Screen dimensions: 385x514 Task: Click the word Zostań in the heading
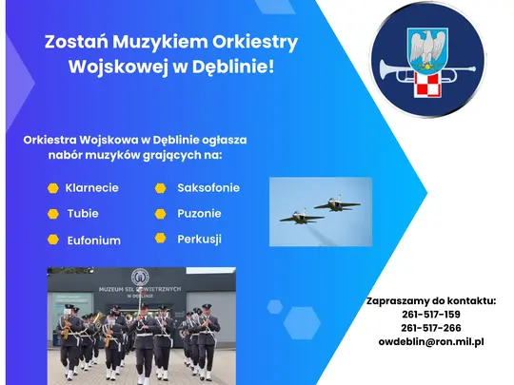pyautogui.click(x=72, y=43)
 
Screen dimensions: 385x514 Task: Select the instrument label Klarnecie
pyautogui.click(x=92, y=187)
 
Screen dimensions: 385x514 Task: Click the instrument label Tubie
pyautogui.click(x=83, y=213)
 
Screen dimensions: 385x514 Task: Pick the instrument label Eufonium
pyautogui.click(x=93, y=241)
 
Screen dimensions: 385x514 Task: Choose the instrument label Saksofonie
pyautogui.click(x=208, y=187)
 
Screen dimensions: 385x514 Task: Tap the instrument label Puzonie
pyautogui.click(x=199, y=213)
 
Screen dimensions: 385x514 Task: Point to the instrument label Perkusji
pyautogui.click(x=199, y=239)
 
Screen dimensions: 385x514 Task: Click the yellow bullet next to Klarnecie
pyautogui.click(x=53, y=187)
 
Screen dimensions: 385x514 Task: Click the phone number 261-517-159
pyautogui.click(x=431, y=314)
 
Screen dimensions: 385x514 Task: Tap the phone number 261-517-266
pyautogui.click(x=431, y=327)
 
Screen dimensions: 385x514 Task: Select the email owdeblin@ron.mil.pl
pyautogui.click(x=431, y=340)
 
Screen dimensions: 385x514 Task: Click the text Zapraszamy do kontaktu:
pyautogui.click(x=431, y=300)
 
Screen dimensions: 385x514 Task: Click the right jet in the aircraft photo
pyautogui.click(x=330, y=202)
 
